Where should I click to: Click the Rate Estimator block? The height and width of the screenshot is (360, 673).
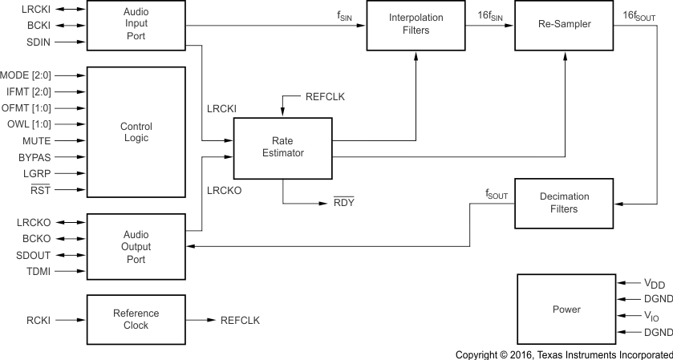click(282, 148)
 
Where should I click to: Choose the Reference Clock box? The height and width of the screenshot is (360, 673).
click(136, 320)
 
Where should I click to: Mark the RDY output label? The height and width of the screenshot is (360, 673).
click(344, 202)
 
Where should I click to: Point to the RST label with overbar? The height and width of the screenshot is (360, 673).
click(39, 190)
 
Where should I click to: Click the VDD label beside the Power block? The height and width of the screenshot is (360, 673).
click(655, 284)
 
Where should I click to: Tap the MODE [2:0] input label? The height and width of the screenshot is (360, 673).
click(26, 75)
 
